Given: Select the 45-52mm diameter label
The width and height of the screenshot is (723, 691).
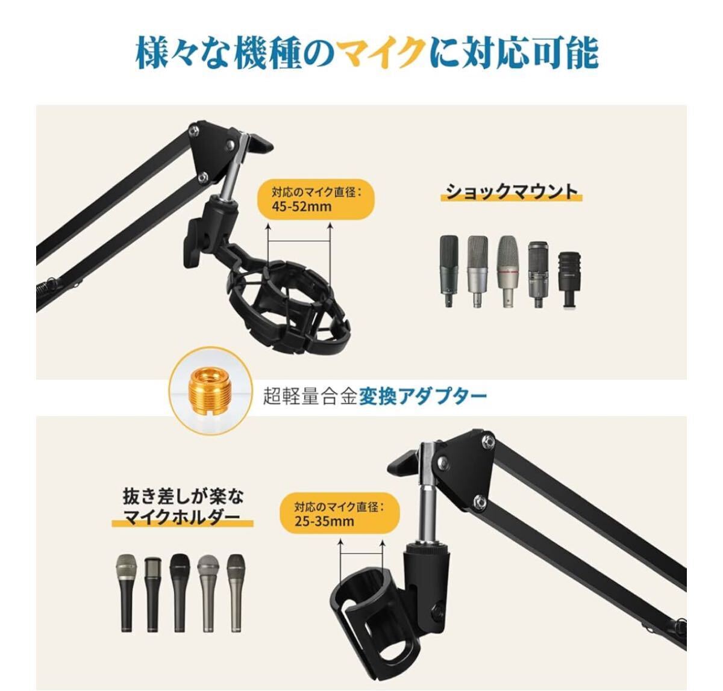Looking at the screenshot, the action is (316, 200).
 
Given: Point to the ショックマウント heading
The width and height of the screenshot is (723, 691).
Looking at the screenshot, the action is (512, 192).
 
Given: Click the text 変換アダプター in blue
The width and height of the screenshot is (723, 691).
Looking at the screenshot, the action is (422, 396).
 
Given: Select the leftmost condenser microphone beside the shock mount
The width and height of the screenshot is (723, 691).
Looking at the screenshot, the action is (449, 271).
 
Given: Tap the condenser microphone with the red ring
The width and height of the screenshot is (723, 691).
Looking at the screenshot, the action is (508, 271).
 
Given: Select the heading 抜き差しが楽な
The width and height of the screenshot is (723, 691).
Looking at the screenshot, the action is (183, 497).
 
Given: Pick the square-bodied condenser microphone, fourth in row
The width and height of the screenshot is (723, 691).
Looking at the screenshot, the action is (538, 274).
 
